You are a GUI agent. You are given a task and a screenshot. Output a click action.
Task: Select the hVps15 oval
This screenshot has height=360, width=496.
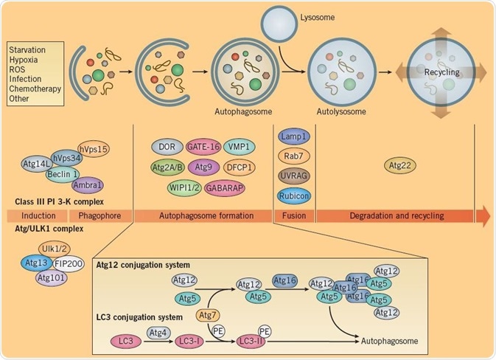point(93,149)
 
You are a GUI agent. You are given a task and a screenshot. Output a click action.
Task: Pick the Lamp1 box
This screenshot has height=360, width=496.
point(294,137)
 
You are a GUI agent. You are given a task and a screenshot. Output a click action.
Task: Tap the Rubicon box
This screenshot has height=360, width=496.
point(294,195)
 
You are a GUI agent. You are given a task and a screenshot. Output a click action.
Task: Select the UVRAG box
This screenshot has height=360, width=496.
point(294,176)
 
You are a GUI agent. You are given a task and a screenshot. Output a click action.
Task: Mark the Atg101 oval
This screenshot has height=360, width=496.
point(51,278)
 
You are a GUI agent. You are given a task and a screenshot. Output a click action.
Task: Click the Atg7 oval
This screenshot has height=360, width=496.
point(209,316)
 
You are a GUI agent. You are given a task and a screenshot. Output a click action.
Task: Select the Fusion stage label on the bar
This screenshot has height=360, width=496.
point(293,215)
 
